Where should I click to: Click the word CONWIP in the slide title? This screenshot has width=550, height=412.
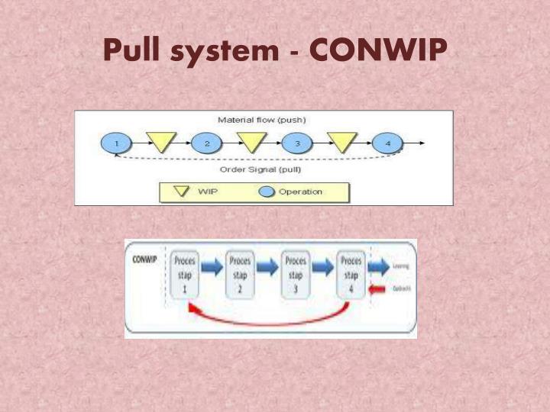point(378,50)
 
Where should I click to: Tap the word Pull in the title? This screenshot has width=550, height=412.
point(131,50)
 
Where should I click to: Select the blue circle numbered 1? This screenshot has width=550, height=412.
point(116,143)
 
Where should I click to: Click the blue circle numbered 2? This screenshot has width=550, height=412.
point(206,143)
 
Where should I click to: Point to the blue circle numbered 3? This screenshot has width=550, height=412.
point(297,143)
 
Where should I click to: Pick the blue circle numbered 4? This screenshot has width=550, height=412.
point(387,143)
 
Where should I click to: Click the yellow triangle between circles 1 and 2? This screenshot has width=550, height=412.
point(161,141)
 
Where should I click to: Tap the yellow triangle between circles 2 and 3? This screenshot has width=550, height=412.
point(251,141)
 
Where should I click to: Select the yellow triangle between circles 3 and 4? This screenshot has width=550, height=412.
point(342,141)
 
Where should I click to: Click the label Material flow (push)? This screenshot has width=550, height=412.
point(262,120)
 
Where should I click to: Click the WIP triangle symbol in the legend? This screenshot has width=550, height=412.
point(183,192)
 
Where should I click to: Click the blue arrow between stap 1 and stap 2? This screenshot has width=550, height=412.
point(213,267)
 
